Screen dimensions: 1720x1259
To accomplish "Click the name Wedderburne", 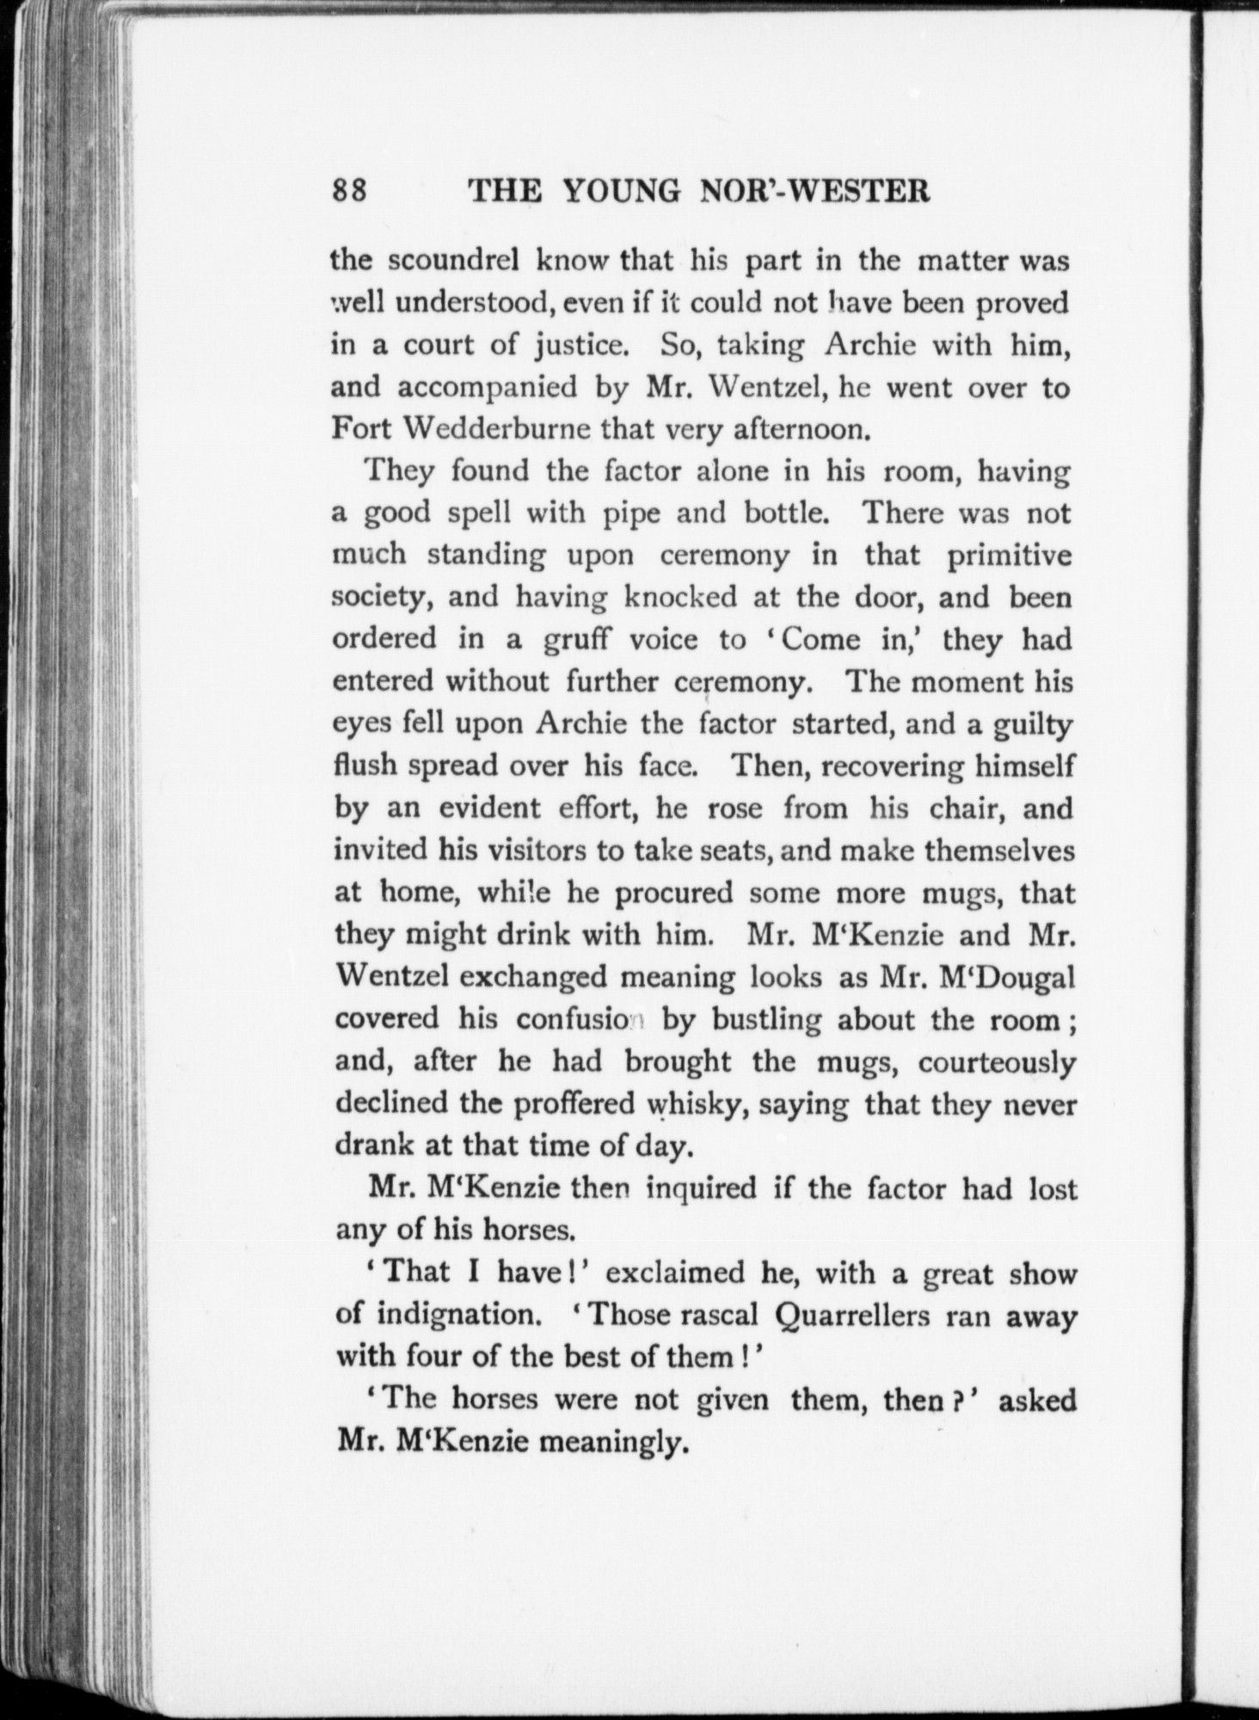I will click(499, 428).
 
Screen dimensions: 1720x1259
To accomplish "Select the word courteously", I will click(996, 1063).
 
